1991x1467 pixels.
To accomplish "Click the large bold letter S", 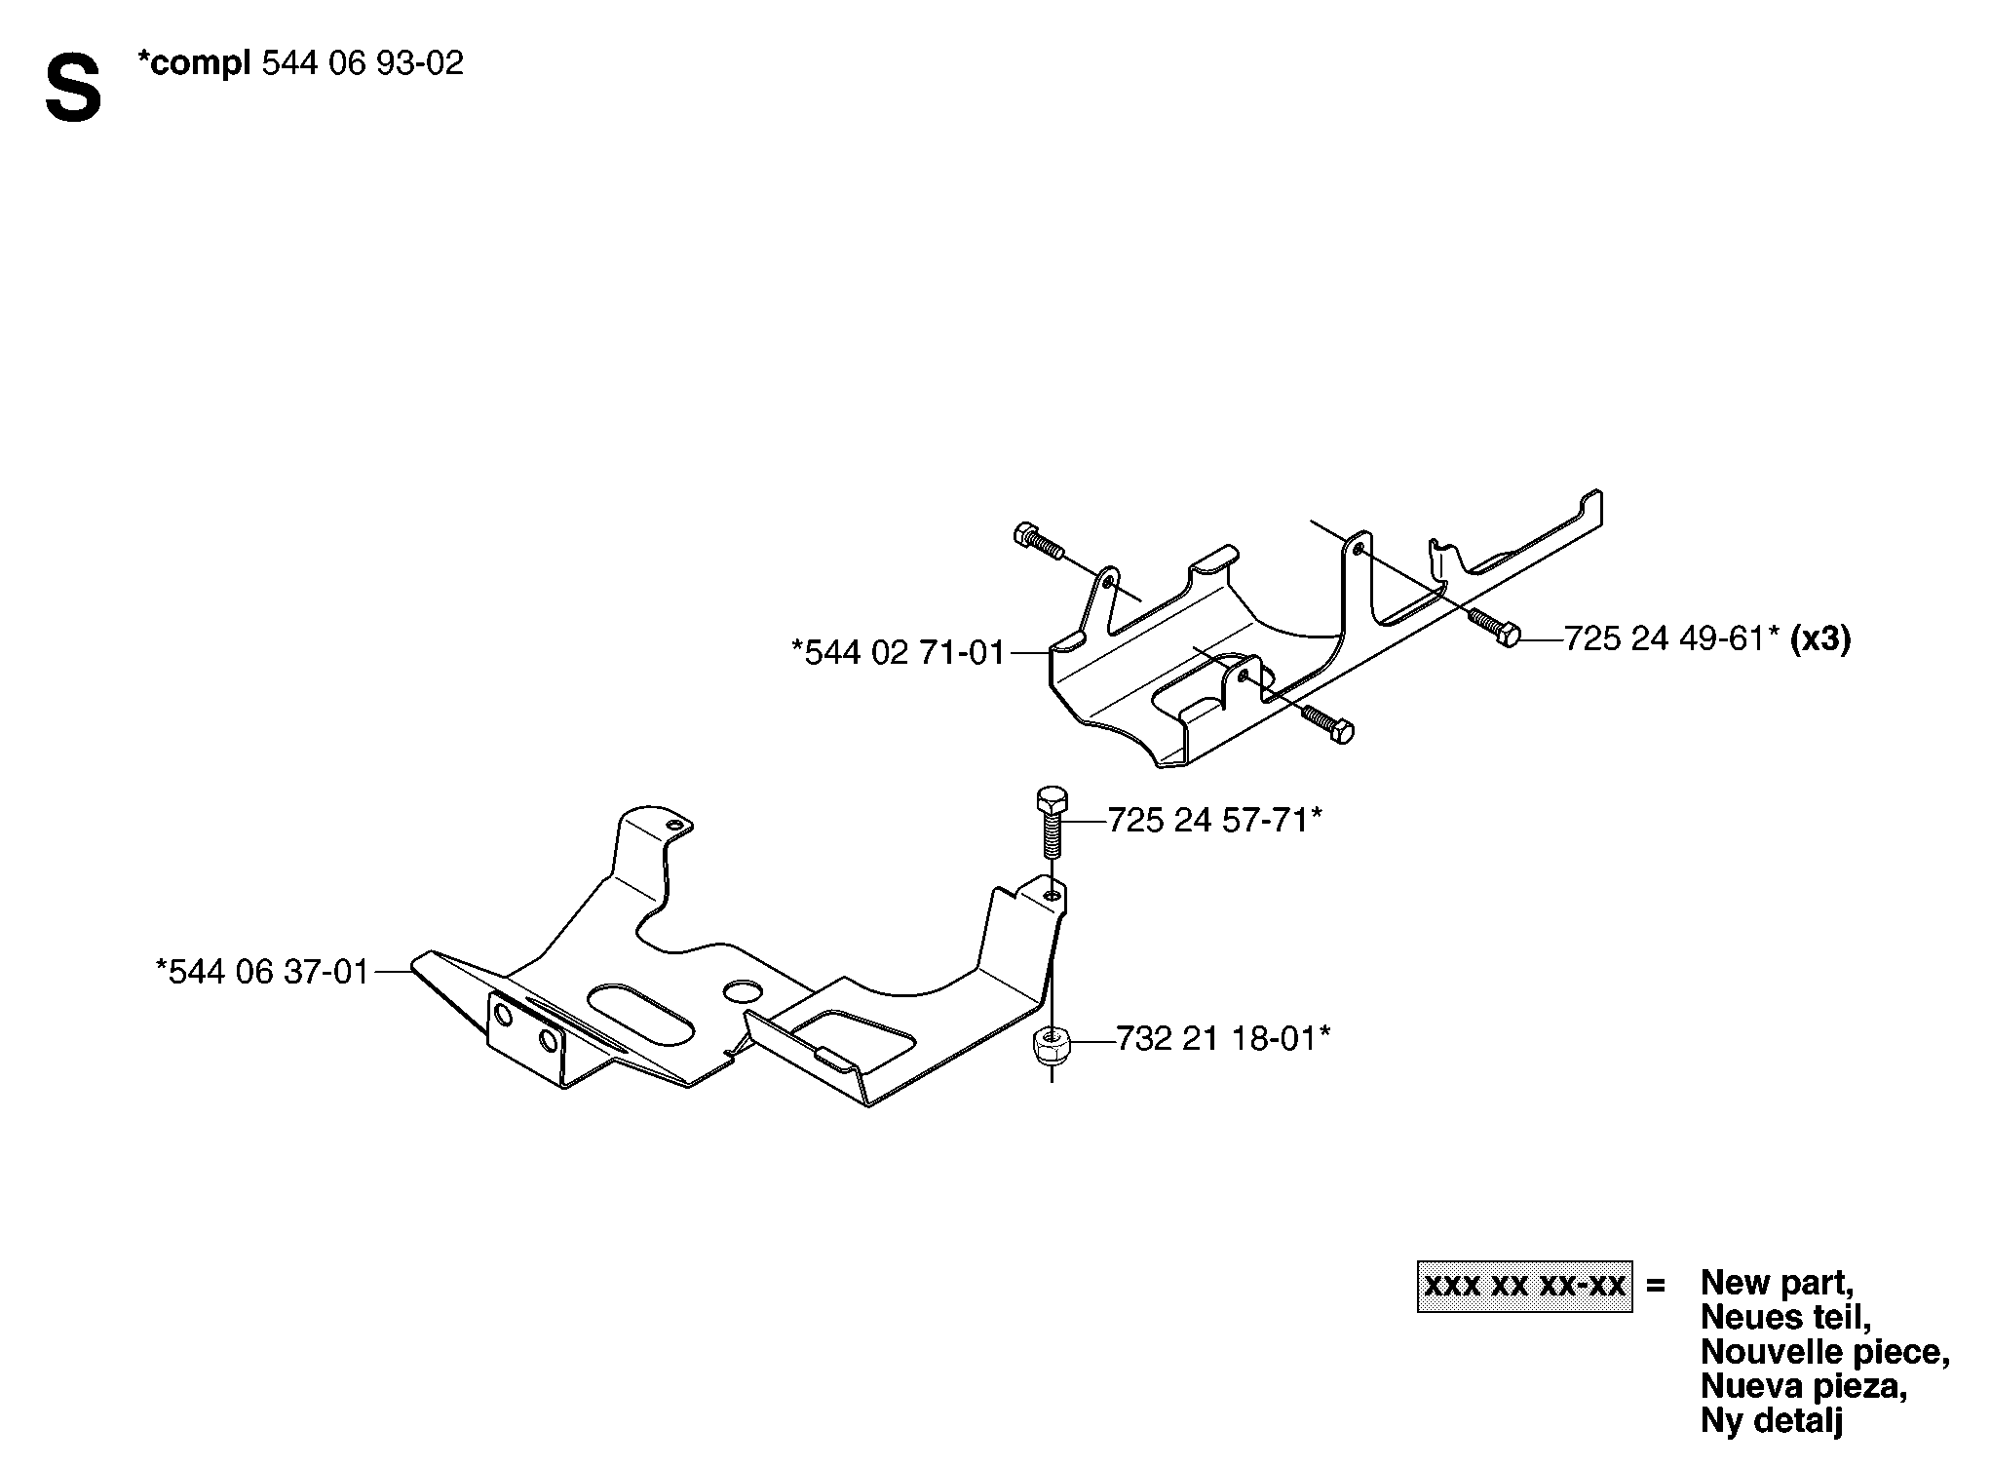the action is [x=73, y=90].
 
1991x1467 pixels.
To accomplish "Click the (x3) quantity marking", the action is [x=1820, y=639].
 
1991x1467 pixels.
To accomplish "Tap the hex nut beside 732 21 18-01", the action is [x=1051, y=1048].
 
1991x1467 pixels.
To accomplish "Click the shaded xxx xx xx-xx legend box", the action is [x=1524, y=1286].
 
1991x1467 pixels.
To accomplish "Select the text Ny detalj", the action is [x=1772, y=1420].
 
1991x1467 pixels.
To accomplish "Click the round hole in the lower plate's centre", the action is [x=744, y=991].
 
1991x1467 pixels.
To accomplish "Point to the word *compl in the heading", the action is [x=194, y=64].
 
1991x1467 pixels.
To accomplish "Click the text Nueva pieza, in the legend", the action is [x=1803, y=1385].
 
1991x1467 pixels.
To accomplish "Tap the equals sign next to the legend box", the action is [x=1655, y=1286].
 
